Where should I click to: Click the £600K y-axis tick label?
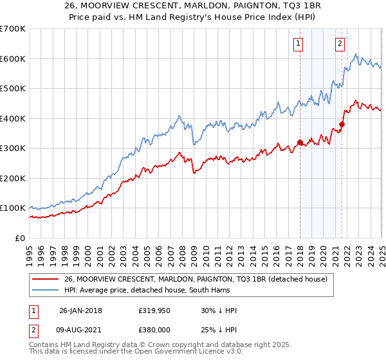(x=13, y=59)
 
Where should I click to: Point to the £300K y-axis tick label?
(x=13, y=148)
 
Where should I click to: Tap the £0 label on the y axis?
(x=21, y=238)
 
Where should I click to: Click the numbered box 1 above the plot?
(x=299, y=44)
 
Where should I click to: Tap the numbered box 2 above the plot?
(x=340, y=44)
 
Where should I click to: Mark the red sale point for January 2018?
(x=300, y=143)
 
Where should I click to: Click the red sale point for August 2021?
(x=342, y=124)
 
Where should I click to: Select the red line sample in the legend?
(x=46, y=279)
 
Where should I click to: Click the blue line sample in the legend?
(x=46, y=290)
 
